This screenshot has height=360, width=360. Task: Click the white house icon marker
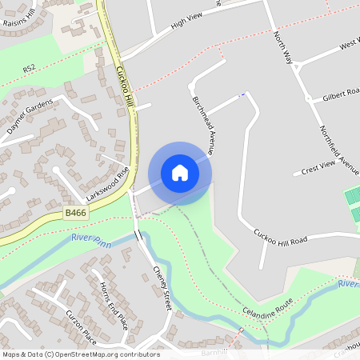coord(180,173)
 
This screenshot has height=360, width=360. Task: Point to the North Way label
coord(282,47)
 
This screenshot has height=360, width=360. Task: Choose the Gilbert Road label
coord(342,97)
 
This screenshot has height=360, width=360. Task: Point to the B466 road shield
coord(75,213)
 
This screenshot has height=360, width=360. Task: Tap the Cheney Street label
coord(162,288)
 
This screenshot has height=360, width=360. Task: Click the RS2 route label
coord(30,70)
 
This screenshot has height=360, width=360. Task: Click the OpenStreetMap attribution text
coord(81,354)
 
